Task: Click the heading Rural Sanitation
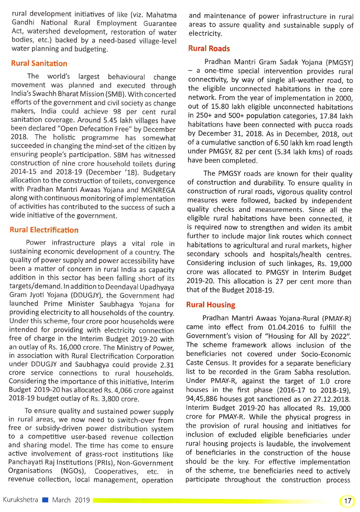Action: (x=39, y=64)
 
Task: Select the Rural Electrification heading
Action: (x=44, y=230)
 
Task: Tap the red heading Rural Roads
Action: (x=209, y=49)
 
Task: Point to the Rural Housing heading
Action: (x=211, y=305)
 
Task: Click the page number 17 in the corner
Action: (x=347, y=501)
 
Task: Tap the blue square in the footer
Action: (x=45, y=500)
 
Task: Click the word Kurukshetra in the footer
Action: (x=21, y=500)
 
